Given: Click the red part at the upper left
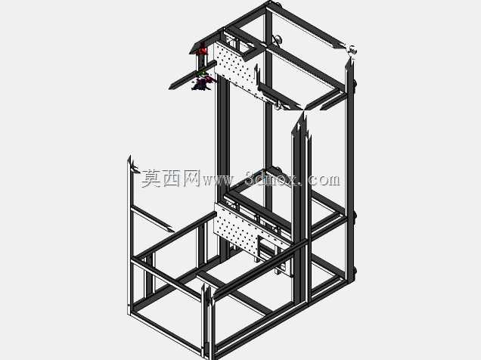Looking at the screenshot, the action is [x=203, y=49].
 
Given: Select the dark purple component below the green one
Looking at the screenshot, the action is [x=202, y=83].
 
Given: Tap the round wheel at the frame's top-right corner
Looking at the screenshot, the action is [x=352, y=50].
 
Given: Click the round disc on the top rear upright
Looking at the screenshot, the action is [x=278, y=39].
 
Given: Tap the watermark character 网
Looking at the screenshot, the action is [x=191, y=178].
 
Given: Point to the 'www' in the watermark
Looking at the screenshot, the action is [x=217, y=180].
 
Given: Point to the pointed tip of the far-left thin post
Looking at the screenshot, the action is [x=130, y=157].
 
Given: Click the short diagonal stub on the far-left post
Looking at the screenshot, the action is [x=135, y=169].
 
